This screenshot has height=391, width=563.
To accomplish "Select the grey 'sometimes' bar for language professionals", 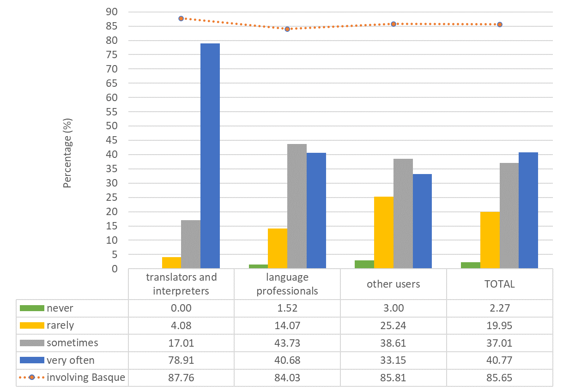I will point(297,206).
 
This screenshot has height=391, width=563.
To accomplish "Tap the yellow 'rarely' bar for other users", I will point(384,232).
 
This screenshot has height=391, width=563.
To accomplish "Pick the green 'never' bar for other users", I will point(364,264).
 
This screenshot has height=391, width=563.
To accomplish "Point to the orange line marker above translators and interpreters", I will point(181,18).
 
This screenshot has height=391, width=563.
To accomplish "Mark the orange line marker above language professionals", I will point(287,29).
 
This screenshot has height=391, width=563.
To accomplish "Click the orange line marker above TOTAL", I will point(500,24).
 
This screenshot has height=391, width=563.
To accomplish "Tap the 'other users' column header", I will point(393,284).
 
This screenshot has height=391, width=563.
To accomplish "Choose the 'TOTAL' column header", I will point(500,284).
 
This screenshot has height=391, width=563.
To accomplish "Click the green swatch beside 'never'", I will point(31,308).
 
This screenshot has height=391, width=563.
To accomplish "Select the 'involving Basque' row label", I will point(86,378).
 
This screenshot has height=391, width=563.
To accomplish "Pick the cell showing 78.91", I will point(181,360).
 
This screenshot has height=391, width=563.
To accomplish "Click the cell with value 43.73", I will point(287,343).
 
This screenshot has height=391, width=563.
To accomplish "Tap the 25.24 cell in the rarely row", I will point(393,325).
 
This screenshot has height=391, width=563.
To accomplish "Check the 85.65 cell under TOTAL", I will point(500,378).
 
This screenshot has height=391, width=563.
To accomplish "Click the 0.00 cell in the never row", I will point(181,308).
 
